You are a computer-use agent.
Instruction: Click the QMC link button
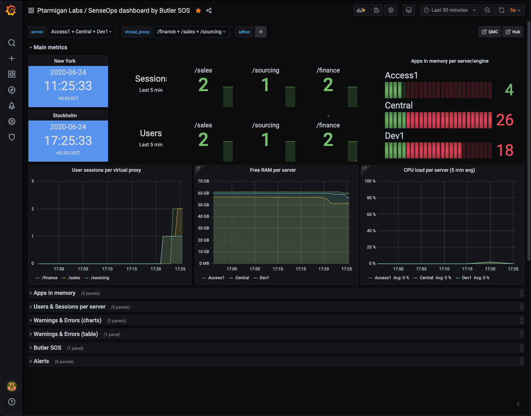coord(490,32)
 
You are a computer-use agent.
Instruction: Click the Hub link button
coord(513,32)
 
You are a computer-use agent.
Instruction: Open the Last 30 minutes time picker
coord(449,10)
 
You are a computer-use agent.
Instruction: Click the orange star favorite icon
coord(198,10)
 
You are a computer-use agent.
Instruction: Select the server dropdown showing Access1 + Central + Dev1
coord(82,32)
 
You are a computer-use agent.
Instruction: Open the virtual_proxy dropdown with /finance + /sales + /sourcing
coord(191,32)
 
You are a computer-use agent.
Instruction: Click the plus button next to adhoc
coord(261,32)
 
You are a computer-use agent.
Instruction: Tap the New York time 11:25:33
coord(68,86)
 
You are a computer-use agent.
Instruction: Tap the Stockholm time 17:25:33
coord(68,141)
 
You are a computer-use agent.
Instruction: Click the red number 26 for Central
coord(505,120)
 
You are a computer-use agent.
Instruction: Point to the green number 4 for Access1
coord(509,90)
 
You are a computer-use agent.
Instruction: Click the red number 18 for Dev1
coord(505,150)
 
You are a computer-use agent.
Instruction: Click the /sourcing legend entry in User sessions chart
coord(100,278)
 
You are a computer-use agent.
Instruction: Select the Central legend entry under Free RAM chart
coord(242,278)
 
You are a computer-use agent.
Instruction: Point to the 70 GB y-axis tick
coord(204,181)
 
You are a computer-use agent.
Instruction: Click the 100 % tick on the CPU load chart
coord(370,181)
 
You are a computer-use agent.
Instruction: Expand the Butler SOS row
coord(47,348)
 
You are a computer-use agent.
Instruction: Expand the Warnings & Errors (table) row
coord(66,334)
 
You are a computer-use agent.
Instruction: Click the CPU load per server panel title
coord(439,170)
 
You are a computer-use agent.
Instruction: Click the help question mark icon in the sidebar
coord(12,402)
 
